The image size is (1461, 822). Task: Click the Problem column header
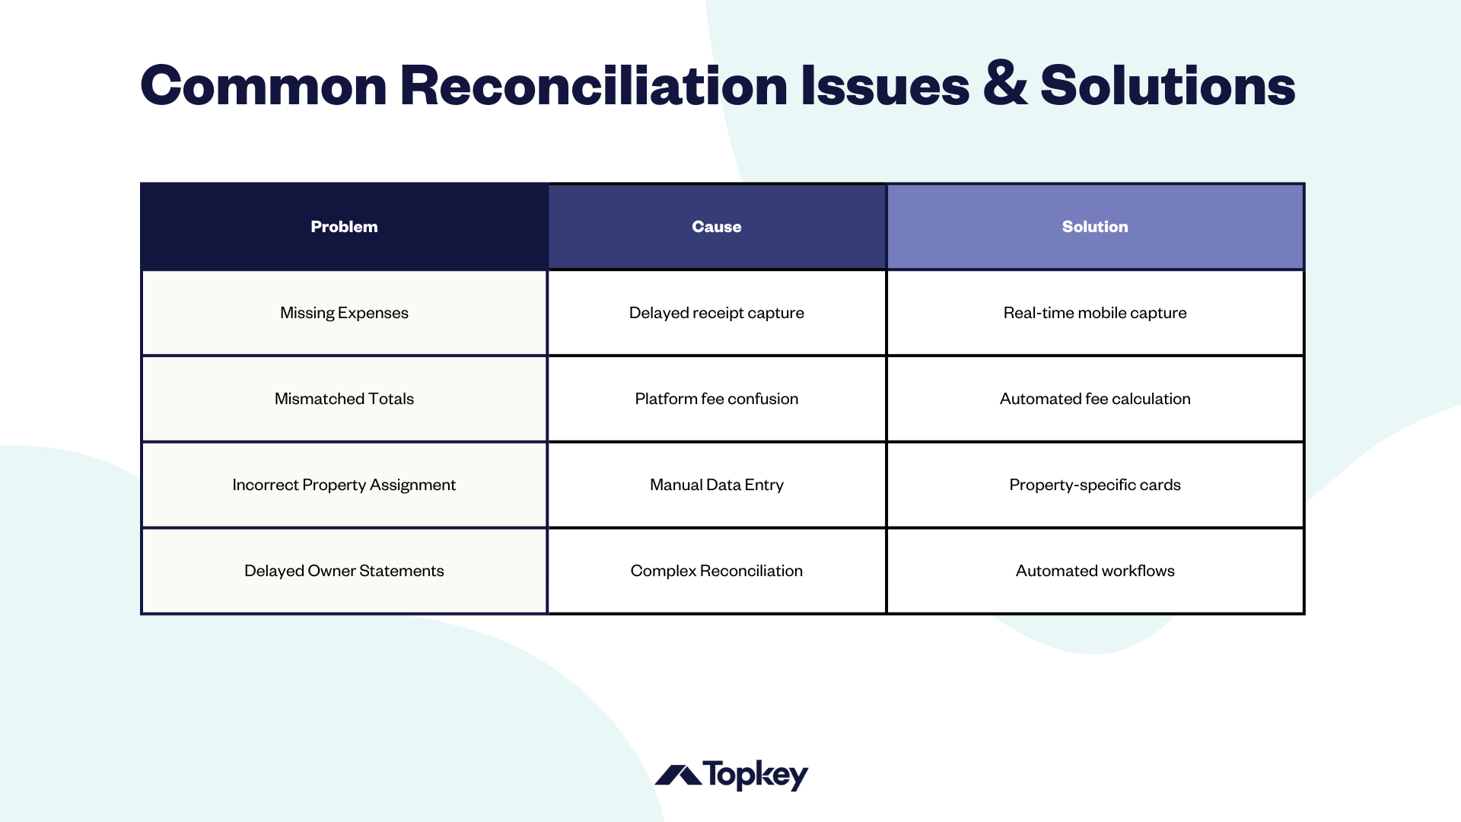(x=344, y=227)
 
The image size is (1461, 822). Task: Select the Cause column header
(x=716, y=227)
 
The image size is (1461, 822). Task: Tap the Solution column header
(x=1094, y=227)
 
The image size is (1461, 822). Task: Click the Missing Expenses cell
(x=344, y=313)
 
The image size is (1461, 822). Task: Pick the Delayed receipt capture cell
(x=716, y=313)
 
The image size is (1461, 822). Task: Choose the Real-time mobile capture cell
(x=1094, y=313)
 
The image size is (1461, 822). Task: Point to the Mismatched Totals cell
(x=344, y=399)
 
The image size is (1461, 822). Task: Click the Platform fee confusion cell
(x=716, y=399)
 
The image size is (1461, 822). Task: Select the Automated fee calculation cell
(x=1094, y=399)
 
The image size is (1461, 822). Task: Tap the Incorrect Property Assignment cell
(x=344, y=485)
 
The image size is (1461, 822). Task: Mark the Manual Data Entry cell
(x=716, y=485)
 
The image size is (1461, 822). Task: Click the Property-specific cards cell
(x=1094, y=485)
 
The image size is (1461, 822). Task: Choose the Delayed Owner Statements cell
(x=344, y=571)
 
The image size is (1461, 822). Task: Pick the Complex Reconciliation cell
(x=716, y=571)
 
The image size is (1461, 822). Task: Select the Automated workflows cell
(x=1094, y=571)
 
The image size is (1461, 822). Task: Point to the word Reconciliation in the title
(x=594, y=85)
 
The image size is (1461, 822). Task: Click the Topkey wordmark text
(x=755, y=775)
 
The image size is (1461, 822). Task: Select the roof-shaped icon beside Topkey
(x=678, y=776)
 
